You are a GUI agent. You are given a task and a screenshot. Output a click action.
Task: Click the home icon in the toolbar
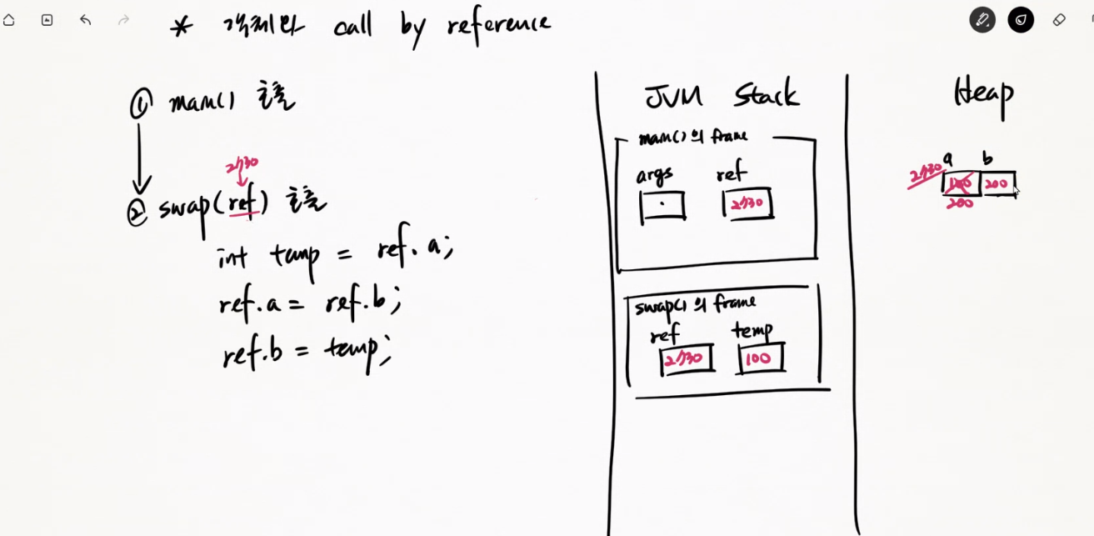pyautogui.click(x=9, y=20)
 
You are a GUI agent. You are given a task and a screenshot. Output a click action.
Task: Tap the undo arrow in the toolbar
pyautogui.click(x=85, y=20)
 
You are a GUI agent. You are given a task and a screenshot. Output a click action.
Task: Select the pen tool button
pyautogui.click(x=982, y=20)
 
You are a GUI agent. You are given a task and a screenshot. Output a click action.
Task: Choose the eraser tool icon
pyautogui.click(x=1059, y=20)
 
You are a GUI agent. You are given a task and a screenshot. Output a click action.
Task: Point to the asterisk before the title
pyautogui.click(x=181, y=26)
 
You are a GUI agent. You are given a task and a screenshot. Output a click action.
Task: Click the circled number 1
pyautogui.click(x=140, y=105)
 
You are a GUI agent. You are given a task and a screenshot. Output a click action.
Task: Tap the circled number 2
pyautogui.click(x=137, y=213)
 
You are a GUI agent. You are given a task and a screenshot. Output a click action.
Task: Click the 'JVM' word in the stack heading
pyautogui.click(x=674, y=96)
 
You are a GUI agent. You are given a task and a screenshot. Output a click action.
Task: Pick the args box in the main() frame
pyautogui.click(x=662, y=206)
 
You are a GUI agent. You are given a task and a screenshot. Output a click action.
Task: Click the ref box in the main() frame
pyautogui.click(x=747, y=203)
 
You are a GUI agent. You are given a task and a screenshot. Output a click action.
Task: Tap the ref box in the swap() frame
pyautogui.click(x=687, y=359)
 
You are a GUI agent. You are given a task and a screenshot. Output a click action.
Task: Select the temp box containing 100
pyautogui.click(x=760, y=358)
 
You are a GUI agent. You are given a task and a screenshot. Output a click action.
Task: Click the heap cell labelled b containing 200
pyautogui.click(x=997, y=183)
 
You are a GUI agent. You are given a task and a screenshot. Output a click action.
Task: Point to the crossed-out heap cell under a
pyautogui.click(x=962, y=183)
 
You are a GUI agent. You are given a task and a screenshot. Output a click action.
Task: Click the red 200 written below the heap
pyautogui.click(x=959, y=203)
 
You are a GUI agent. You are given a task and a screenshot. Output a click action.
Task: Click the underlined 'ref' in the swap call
pyautogui.click(x=243, y=203)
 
